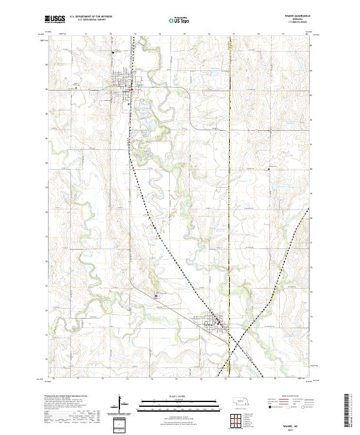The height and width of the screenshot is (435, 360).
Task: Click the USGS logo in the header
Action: point(55,20)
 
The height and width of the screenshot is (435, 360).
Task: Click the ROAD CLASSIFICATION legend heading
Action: point(287,397)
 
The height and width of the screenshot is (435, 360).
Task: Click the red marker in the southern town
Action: point(218,325)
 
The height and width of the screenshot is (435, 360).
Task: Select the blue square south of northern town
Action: point(128,103)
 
